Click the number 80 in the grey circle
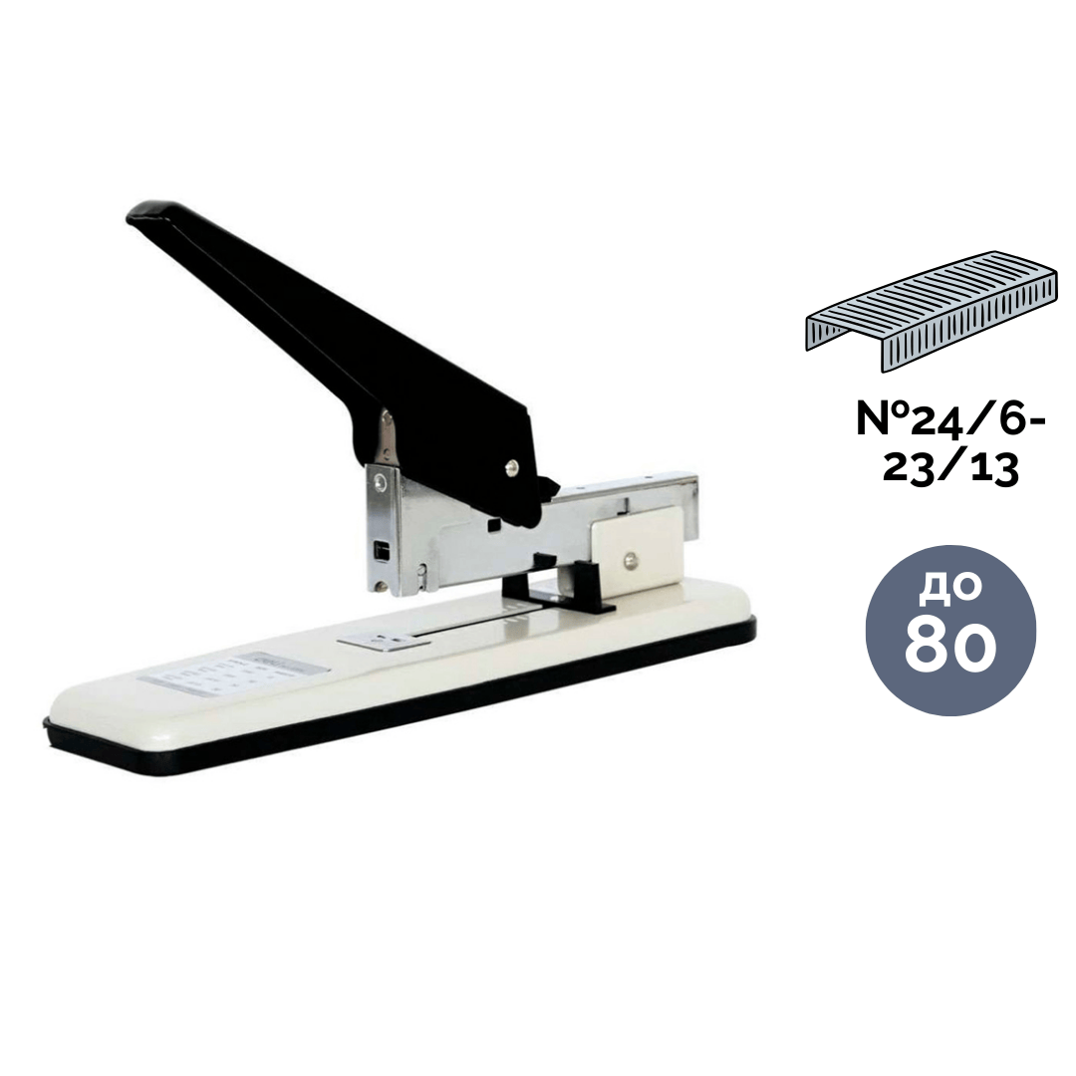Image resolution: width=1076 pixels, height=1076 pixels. tap(950, 648)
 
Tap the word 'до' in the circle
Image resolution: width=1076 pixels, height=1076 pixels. tap(951, 588)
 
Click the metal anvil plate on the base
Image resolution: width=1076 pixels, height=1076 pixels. tap(385, 640)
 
